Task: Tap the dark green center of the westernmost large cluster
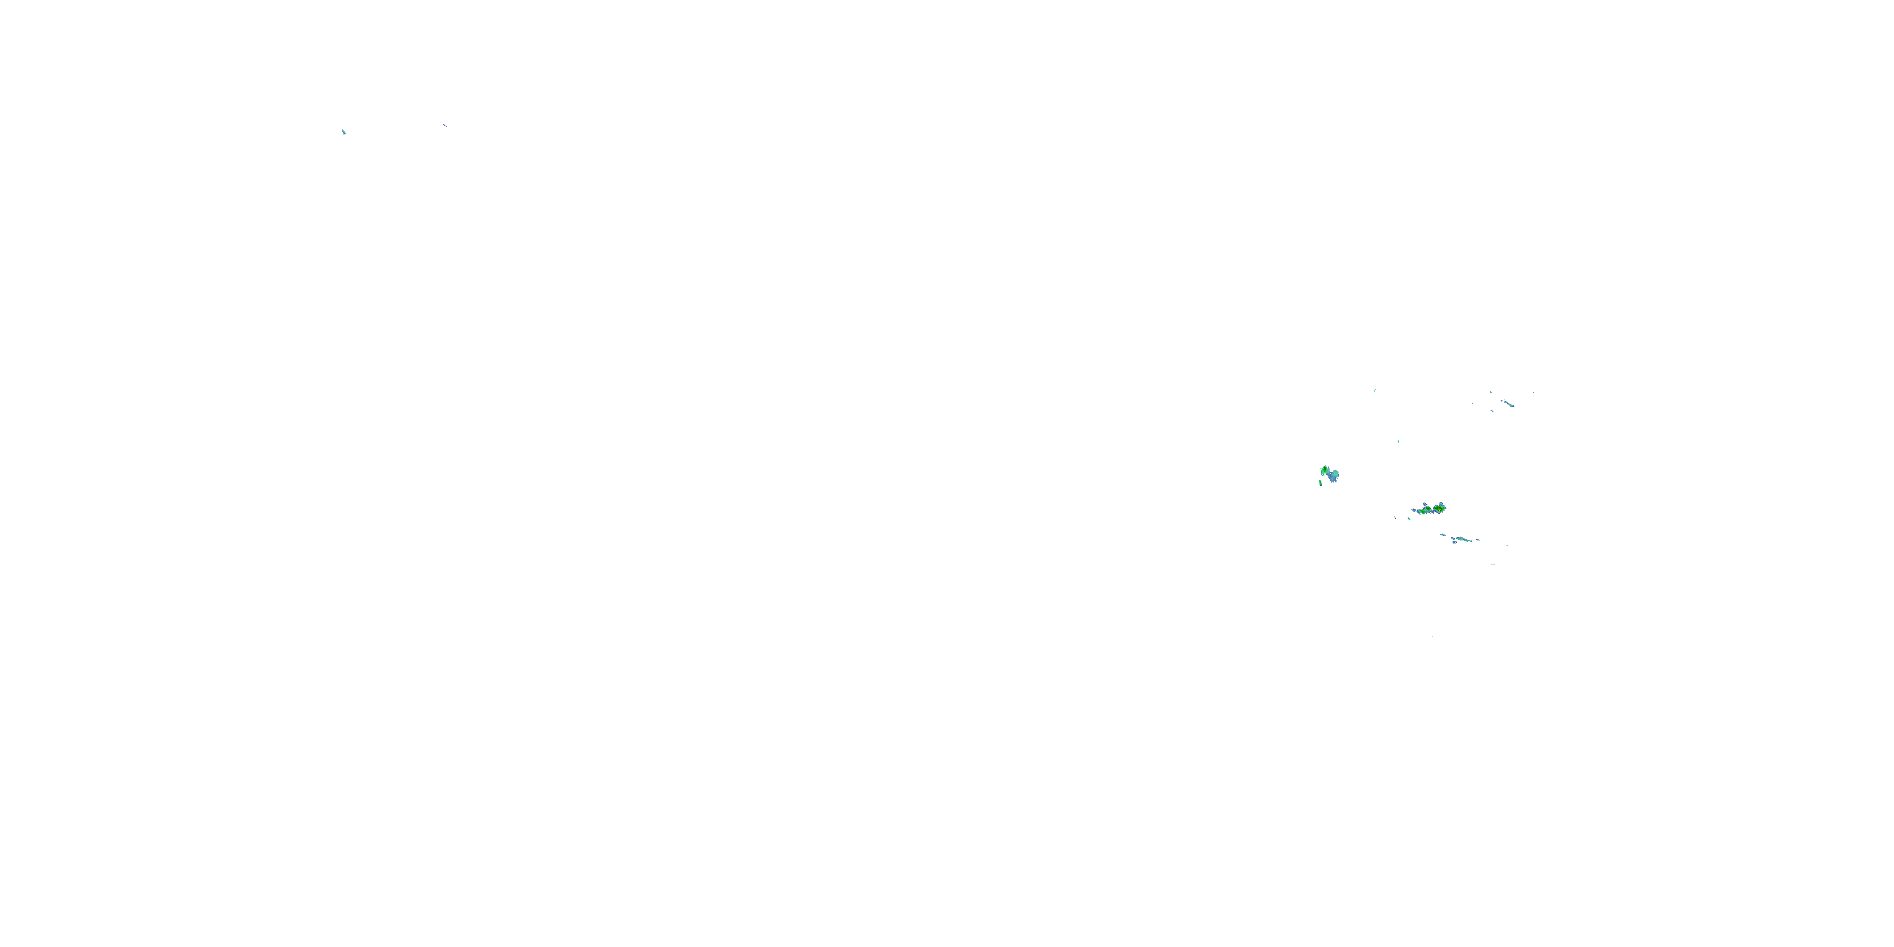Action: pyautogui.click(x=1325, y=470)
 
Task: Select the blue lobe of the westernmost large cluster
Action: pyautogui.click(x=1333, y=477)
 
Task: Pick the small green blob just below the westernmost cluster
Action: pyautogui.click(x=1321, y=483)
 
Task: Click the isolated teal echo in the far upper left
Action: pyautogui.click(x=343, y=131)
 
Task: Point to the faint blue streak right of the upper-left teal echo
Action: pyautogui.click(x=445, y=126)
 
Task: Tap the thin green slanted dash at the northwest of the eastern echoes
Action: pyautogui.click(x=1374, y=390)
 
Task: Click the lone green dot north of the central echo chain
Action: pyautogui.click(x=1398, y=441)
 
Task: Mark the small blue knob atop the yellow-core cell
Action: pyautogui.click(x=1442, y=503)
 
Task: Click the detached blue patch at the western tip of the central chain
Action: pyautogui.click(x=1415, y=510)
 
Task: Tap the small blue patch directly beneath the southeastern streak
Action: pyautogui.click(x=1455, y=542)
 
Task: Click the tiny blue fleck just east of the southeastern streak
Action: pyautogui.click(x=1478, y=540)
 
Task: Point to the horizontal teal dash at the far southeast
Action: pyautogui.click(x=1492, y=564)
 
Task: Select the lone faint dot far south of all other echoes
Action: pyautogui.click(x=1431, y=637)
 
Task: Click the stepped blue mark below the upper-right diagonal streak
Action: pyautogui.click(x=1492, y=411)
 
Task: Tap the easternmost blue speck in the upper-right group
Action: pyautogui.click(x=1533, y=392)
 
